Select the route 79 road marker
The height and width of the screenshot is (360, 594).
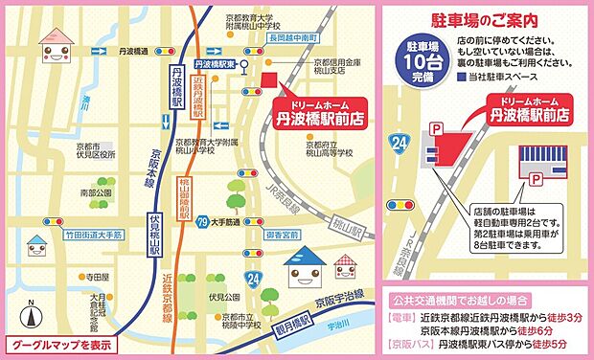[x=201, y=223]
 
